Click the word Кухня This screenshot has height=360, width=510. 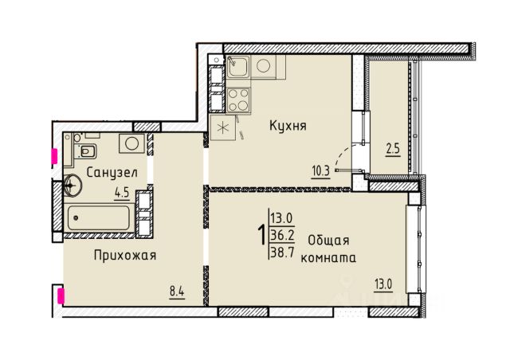(x=288, y=126)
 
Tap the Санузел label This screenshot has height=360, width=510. (x=112, y=172)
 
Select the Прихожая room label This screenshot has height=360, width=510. (x=125, y=256)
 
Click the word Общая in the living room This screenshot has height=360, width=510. (x=328, y=241)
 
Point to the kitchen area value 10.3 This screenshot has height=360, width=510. (x=320, y=170)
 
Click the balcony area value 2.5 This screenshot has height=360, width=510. (x=393, y=150)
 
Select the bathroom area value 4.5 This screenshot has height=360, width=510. (x=122, y=194)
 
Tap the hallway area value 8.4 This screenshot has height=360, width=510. (x=177, y=292)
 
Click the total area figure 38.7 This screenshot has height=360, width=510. (x=282, y=252)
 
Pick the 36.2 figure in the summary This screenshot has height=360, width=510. (x=282, y=235)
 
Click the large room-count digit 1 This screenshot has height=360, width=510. (x=261, y=236)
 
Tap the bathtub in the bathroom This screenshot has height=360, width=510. (x=99, y=217)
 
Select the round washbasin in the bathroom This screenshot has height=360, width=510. (x=73, y=185)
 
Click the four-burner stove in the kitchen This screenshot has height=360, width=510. (x=238, y=100)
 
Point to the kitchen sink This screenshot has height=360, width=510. (x=238, y=67)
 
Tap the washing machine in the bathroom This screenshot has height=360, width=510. (x=131, y=143)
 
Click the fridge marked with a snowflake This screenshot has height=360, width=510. (x=223, y=127)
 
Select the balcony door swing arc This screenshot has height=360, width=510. (x=343, y=155)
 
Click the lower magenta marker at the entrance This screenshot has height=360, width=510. (x=61, y=295)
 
